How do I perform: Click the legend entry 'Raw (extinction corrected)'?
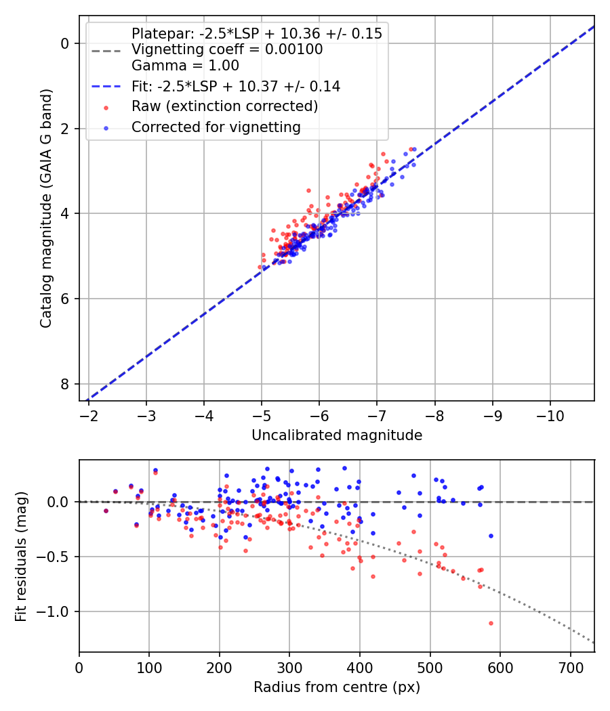point(224,106)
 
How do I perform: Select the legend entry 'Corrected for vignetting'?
point(216,127)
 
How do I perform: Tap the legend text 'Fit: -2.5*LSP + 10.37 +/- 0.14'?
point(235,86)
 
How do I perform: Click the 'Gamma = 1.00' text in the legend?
point(185,66)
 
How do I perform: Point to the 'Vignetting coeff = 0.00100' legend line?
point(227,49)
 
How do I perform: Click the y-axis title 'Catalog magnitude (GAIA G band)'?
point(45,207)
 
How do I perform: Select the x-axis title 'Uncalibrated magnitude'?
point(337,435)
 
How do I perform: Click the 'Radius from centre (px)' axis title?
point(337,687)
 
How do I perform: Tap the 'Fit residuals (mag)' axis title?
point(21,556)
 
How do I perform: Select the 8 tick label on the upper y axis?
point(65,384)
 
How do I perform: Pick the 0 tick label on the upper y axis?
point(65,43)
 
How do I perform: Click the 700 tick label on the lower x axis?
point(570,667)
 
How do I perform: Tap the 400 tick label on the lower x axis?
point(360,667)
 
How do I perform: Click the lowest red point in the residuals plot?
point(491,623)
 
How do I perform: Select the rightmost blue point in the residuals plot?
point(491,536)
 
